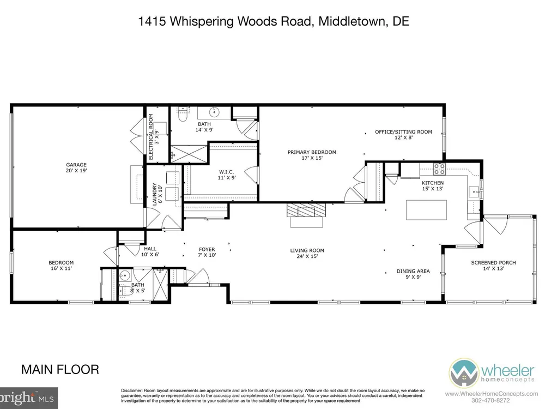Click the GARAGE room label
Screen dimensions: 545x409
(76, 165)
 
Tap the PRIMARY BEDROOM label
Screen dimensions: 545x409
(312, 152)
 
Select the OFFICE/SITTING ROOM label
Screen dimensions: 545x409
(403, 132)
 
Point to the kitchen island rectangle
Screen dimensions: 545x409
(426, 210)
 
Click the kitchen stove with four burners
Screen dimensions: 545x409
(439, 169)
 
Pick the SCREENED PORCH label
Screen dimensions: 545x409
(493, 263)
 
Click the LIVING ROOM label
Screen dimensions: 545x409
(307, 250)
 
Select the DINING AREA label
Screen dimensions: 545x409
(413, 271)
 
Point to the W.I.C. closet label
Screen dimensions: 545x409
(226, 172)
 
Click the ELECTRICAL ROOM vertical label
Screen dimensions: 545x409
(151, 137)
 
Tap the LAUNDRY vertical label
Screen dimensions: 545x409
(155, 194)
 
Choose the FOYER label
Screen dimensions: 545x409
(207, 249)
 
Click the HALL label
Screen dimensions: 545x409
(150, 249)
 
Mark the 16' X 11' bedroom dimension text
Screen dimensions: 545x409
(61, 268)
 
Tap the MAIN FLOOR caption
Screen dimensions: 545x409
(60, 369)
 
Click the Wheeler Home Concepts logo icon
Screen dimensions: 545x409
(464, 373)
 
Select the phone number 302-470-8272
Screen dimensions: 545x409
(491, 401)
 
